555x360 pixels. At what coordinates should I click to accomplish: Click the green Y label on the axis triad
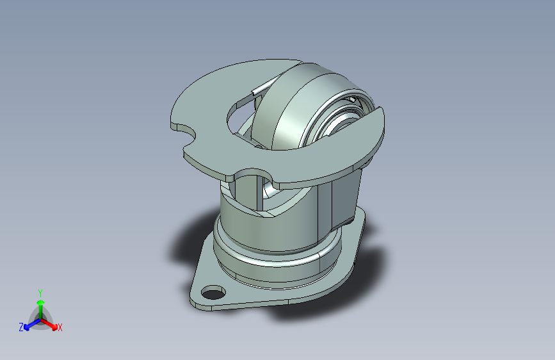pyautogui.click(x=40, y=292)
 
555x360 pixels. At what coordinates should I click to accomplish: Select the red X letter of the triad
pyautogui.click(x=60, y=327)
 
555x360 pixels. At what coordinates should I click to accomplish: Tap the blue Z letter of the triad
pyautogui.click(x=21, y=327)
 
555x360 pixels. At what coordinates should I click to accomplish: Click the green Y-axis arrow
pyautogui.click(x=40, y=306)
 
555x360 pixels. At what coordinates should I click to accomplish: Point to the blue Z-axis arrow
pyautogui.click(x=29, y=323)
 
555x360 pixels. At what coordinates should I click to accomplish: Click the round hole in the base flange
pyautogui.click(x=211, y=294)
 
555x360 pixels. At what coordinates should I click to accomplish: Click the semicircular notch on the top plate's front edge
pyautogui.click(x=254, y=174)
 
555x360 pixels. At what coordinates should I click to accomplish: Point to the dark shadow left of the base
pyautogui.click(x=186, y=243)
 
